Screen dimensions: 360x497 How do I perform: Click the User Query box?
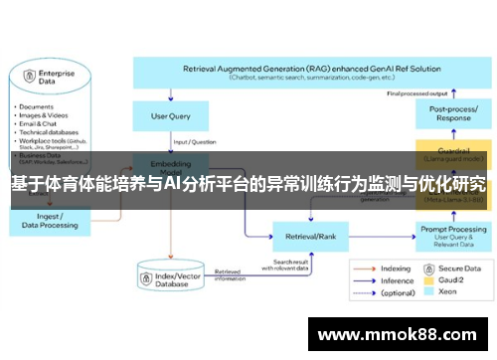point(171,116)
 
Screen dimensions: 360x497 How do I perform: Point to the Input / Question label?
point(198,140)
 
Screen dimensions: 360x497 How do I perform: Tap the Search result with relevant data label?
point(288,266)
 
